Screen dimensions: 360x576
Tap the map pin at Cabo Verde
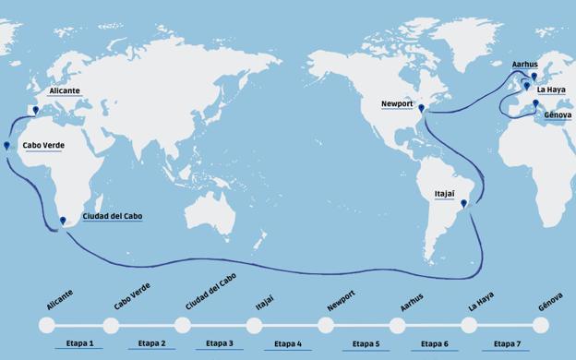click(x=6, y=146)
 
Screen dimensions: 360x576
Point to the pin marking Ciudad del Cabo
click(x=63, y=221)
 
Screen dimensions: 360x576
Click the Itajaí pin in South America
click(x=463, y=204)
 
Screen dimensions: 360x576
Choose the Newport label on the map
click(x=398, y=104)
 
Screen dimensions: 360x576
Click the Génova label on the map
click(x=558, y=115)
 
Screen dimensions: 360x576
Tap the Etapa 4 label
click(x=287, y=343)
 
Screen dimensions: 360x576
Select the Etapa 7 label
click(x=506, y=343)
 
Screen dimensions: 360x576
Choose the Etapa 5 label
click(x=366, y=343)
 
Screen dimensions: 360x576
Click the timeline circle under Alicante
click(x=46, y=325)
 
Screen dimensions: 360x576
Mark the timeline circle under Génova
click(x=541, y=325)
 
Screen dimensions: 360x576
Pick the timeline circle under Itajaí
click(x=254, y=325)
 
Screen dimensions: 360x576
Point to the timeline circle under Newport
click(x=326, y=325)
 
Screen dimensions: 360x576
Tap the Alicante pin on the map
click(x=35, y=111)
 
